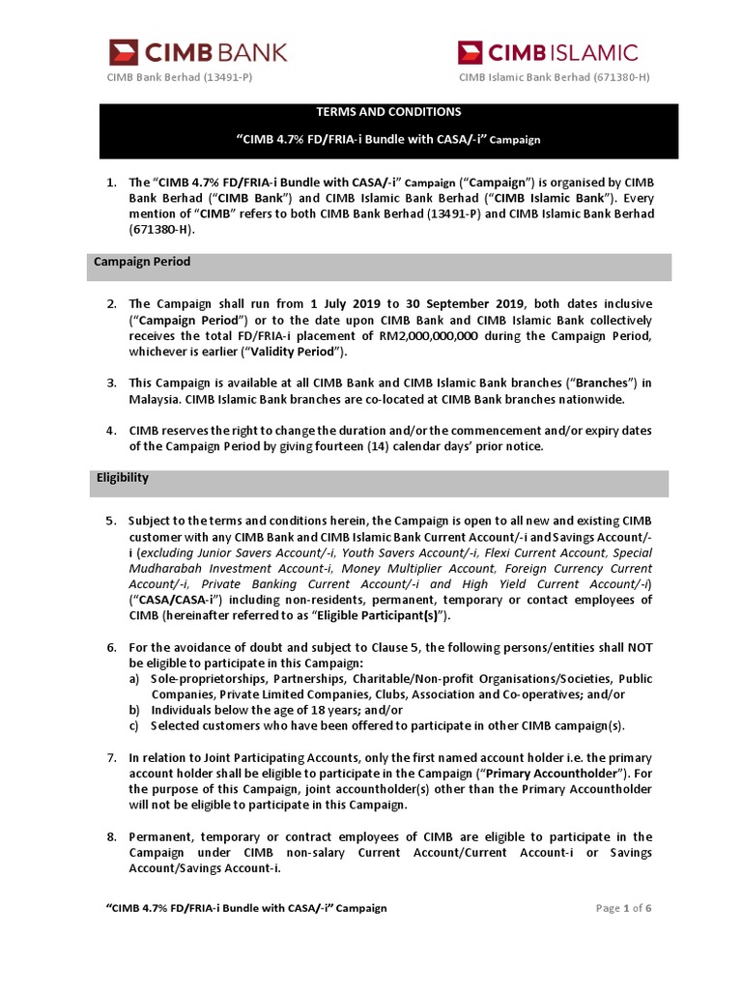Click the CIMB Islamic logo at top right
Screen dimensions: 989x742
tap(547, 51)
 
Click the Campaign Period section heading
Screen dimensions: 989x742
tap(142, 262)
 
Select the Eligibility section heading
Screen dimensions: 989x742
tap(122, 478)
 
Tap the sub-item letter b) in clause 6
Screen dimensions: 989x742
tap(135, 709)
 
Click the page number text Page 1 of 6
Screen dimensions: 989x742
tap(624, 908)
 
